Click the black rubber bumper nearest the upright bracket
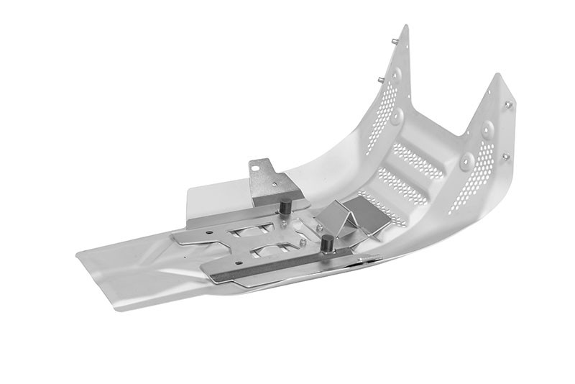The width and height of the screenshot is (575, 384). point(285,206)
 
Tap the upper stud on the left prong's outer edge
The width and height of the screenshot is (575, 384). point(394,41)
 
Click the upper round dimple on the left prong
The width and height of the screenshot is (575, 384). point(397,73)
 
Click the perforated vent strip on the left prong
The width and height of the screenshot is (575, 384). point(378,119)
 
